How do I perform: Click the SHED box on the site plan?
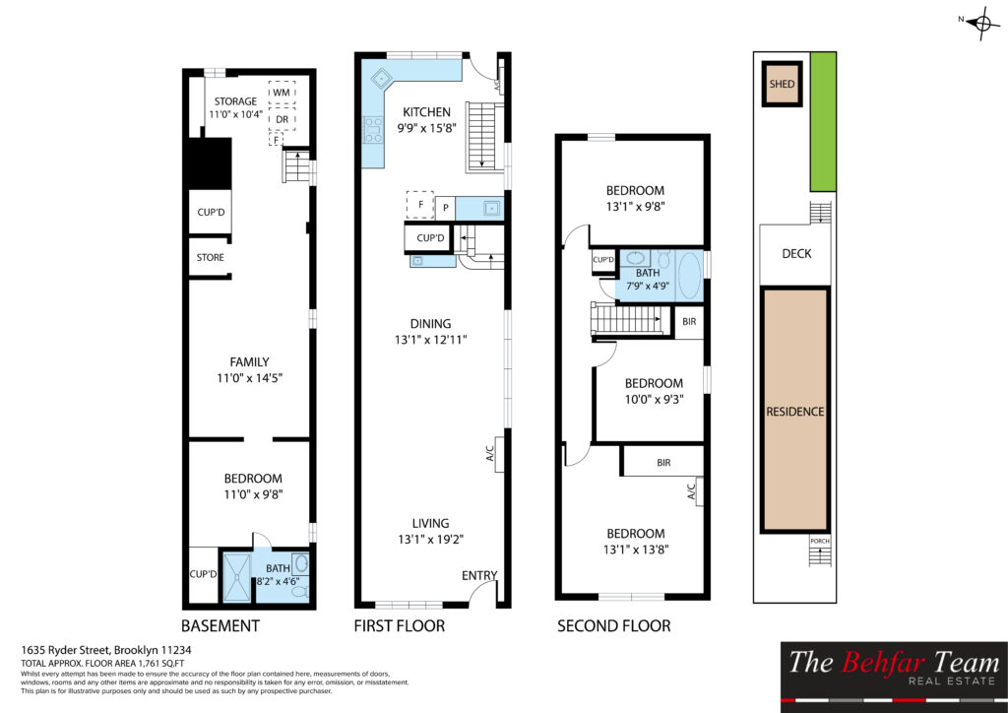(782, 84)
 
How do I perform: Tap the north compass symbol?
(983, 24)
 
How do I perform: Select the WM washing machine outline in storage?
(282, 92)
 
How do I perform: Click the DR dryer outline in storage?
(282, 119)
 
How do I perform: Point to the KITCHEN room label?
(426, 112)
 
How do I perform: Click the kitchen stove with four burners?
(373, 129)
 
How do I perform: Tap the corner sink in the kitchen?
(383, 78)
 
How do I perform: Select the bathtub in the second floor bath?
(688, 275)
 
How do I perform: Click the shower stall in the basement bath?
(236, 577)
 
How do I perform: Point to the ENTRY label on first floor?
(479, 575)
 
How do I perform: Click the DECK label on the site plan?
(796, 254)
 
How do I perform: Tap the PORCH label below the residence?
(820, 542)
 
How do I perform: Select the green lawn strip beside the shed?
(823, 121)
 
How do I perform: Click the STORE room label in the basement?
(211, 257)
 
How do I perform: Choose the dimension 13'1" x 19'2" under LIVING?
(431, 540)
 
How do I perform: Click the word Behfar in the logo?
(883, 662)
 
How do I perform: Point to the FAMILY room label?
(249, 362)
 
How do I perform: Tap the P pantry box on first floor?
(445, 208)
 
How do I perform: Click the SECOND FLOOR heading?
(614, 625)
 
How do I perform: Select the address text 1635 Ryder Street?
(66, 650)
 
